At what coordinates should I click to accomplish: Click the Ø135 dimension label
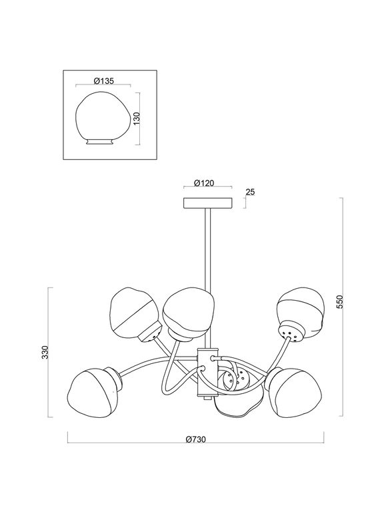[105, 81]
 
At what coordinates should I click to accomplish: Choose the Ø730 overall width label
[196, 440]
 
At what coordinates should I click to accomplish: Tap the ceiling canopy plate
[207, 202]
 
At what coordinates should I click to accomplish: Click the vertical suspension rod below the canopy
[208, 246]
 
